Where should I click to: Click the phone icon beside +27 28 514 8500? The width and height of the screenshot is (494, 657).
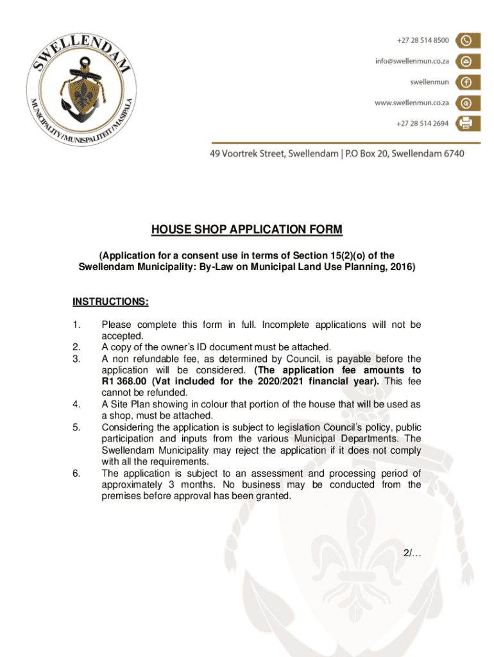tap(466, 40)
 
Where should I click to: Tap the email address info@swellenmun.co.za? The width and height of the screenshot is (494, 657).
tap(412, 62)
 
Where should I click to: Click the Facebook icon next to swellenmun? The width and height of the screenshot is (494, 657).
tap(466, 82)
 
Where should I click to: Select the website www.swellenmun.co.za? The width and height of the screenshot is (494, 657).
tap(411, 103)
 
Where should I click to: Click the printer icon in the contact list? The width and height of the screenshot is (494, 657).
tap(466, 123)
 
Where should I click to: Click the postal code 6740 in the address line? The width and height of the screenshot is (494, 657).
tap(452, 153)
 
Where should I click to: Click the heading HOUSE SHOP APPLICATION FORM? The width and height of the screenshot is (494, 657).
tap(246, 230)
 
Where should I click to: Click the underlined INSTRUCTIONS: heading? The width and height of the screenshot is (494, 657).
tap(110, 302)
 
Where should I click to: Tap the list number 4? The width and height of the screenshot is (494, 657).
tap(76, 404)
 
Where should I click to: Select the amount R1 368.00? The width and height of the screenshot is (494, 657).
tap(124, 381)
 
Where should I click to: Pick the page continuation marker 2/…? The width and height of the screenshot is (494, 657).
tap(412, 554)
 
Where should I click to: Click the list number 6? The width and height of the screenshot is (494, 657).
tap(76, 474)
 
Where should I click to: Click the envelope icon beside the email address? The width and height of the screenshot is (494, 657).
tap(466, 61)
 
